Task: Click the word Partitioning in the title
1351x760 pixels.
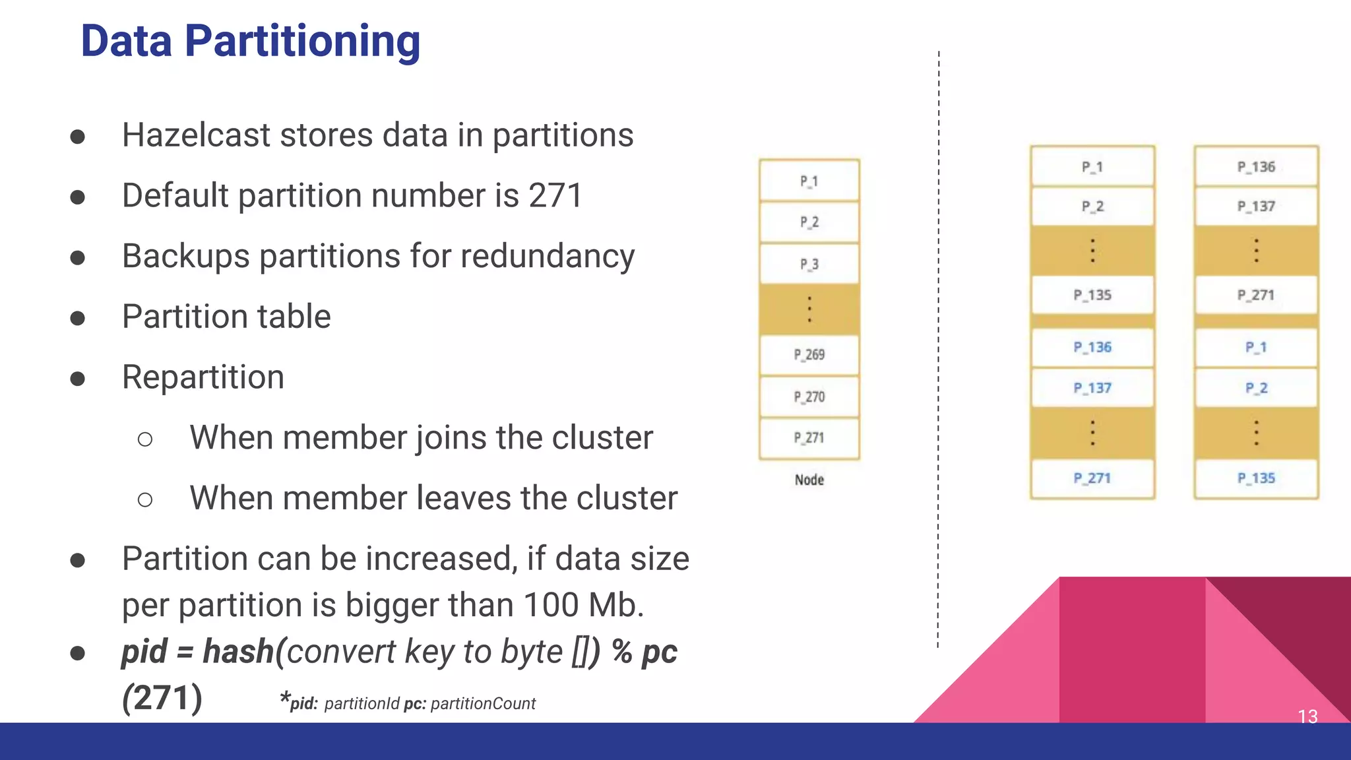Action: point(302,41)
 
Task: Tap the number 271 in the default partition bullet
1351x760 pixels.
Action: point(555,196)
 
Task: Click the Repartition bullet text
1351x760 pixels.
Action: point(203,377)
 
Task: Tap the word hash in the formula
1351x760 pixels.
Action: point(237,652)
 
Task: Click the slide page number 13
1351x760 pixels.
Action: point(1307,716)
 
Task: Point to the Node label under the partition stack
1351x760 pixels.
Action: point(809,480)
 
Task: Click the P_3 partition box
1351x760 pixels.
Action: point(809,265)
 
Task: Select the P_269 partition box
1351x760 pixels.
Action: point(809,355)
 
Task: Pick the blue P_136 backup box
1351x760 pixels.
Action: point(1092,348)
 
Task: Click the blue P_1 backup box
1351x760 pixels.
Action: point(1256,348)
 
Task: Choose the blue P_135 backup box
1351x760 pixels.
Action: point(1256,478)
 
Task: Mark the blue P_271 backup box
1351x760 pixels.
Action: point(1092,478)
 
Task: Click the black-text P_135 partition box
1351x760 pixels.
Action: point(1092,295)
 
